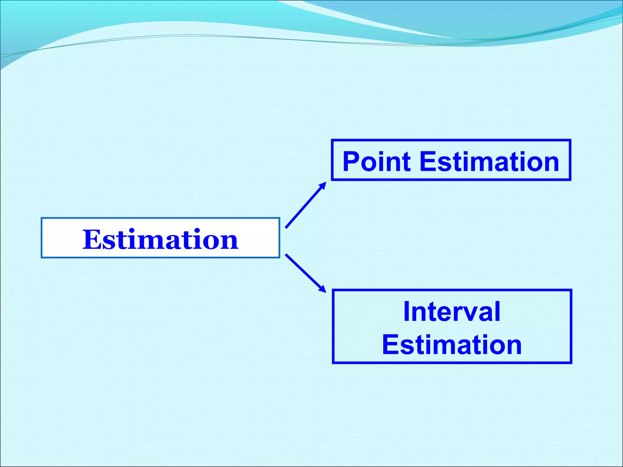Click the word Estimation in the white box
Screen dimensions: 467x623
coord(160,240)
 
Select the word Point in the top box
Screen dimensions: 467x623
coord(377,162)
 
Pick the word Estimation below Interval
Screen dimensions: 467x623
coord(452,345)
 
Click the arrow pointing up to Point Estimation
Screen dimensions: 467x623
coord(305,205)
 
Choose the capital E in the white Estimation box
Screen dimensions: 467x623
coord(90,240)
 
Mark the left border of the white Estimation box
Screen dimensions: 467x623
coord(42,238)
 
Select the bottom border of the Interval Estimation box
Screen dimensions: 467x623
coord(452,362)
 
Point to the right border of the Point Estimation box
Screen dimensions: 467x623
coord(569,160)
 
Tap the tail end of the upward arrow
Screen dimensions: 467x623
coord(286,227)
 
